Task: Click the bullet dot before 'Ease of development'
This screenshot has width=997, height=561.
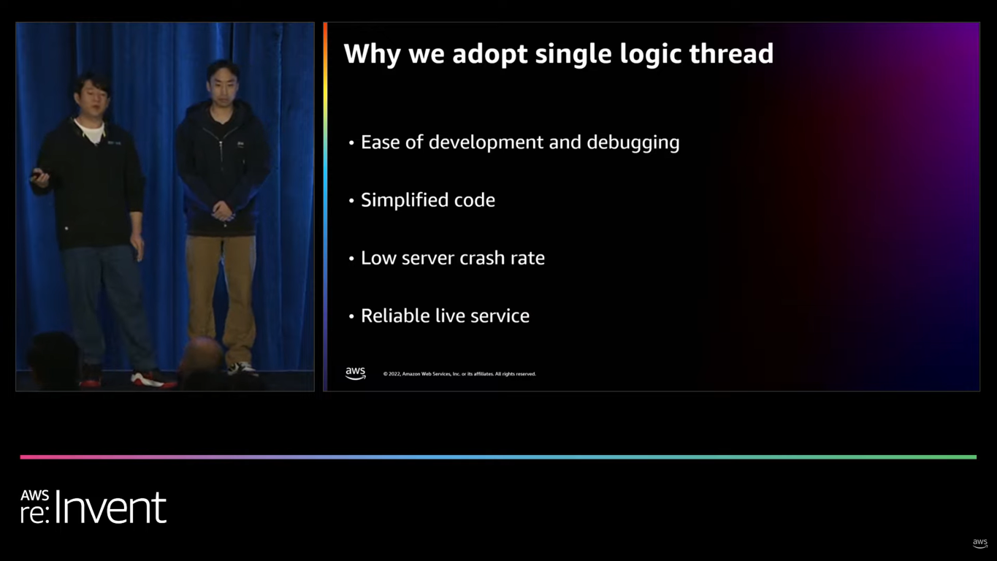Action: point(351,142)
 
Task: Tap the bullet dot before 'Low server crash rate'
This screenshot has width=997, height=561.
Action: point(351,259)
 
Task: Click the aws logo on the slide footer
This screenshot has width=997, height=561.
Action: point(355,373)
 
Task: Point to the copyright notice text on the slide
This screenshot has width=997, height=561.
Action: point(459,374)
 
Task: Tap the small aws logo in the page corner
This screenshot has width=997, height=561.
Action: point(979,543)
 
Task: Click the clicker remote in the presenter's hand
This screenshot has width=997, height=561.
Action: point(36,175)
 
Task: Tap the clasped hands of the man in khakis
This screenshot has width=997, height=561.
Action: point(223,213)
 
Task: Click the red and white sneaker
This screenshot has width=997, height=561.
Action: point(152,378)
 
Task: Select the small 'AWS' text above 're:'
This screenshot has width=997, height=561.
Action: point(34,495)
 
